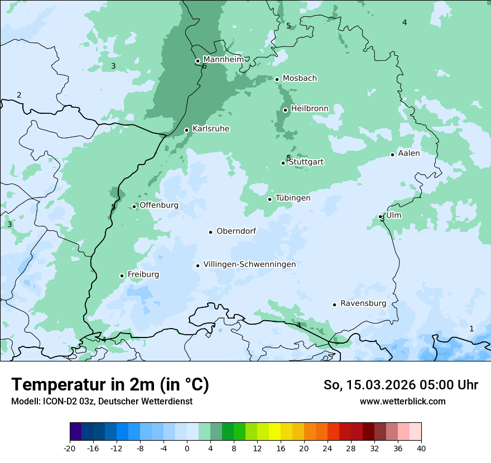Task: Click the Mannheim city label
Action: (223, 59)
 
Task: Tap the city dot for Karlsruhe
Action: (187, 130)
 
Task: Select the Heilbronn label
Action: (310, 108)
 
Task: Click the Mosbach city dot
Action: (277, 79)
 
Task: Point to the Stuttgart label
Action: (306, 162)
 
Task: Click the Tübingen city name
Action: (293, 198)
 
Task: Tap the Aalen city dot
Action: (393, 155)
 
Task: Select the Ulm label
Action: (394, 215)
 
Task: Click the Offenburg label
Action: (159, 205)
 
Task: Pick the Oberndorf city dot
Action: (211, 232)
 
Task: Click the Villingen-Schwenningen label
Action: (249, 264)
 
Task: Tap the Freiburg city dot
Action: (122, 276)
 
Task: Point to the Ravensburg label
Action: (363, 303)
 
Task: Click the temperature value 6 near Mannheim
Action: (204, 66)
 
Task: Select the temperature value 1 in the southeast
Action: (471, 329)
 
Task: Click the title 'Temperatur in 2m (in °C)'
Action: (110, 385)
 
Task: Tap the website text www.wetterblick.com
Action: (402, 401)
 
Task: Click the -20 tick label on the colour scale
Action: (70, 448)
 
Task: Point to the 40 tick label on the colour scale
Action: (421, 448)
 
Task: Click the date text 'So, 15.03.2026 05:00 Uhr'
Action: (401, 385)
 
